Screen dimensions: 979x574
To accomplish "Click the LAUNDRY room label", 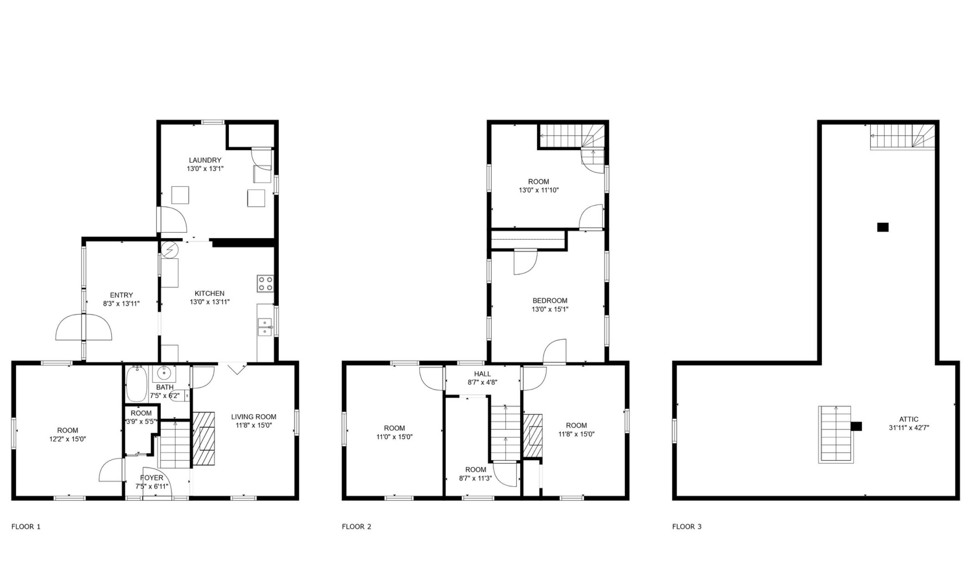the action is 205,160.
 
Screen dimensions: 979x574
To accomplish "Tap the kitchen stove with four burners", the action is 265,284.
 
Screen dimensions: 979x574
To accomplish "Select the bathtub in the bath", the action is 136,384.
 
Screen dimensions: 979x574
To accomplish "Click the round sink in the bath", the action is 164,374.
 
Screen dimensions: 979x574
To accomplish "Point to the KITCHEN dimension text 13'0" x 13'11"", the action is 209,302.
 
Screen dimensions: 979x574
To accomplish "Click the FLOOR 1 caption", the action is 26,527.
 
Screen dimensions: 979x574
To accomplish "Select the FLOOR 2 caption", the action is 356,527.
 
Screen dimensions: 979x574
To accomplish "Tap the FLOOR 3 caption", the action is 687,527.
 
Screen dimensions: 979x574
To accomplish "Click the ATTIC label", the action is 909,419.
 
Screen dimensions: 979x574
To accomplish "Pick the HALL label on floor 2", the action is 482,374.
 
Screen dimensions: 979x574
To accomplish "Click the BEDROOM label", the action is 550,301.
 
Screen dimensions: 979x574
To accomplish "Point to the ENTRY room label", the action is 121,295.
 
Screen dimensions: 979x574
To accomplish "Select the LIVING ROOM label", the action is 254,417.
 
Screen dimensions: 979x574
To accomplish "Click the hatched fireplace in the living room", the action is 203,439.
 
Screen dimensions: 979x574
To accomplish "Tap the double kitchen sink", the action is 265,327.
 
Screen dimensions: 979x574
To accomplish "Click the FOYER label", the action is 151,478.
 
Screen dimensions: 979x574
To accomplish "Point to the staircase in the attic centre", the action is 836,435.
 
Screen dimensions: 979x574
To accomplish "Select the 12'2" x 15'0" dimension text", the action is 68,439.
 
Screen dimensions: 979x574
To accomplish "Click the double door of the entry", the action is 83,327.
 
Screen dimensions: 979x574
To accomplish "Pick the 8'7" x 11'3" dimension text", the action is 476,478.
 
